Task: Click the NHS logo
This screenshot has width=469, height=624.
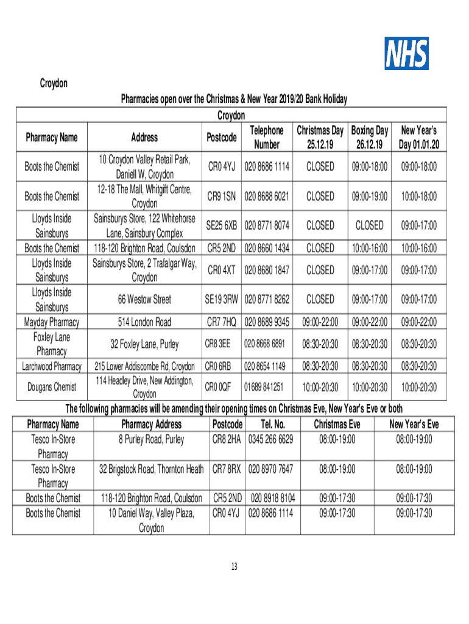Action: [x=406, y=54]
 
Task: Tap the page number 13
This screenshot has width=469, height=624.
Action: [x=234, y=567]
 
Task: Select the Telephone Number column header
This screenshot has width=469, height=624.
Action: [x=266, y=138]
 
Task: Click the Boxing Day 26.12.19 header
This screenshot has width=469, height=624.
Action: [x=370, y=138]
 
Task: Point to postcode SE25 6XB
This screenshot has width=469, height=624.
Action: [x=220, y=226]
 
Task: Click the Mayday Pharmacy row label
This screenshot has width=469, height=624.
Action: [x=51, y=322]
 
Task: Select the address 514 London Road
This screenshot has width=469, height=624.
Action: [x=144, y=322]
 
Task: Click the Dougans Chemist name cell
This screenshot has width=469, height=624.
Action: [x=52, y=387]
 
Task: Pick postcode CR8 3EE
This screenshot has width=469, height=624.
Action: [x=217, y=344]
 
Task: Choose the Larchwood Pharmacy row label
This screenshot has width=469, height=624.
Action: [x=52, y=366]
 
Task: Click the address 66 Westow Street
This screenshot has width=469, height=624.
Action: [x=144, y=299]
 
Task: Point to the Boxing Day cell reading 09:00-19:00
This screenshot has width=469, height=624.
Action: [x=370, y=196]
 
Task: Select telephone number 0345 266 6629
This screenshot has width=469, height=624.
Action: [x=270, y=439]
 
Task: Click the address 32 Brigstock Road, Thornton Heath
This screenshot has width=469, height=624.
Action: [x=151, y=469]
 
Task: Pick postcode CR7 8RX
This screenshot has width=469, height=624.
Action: [x=227, y=469]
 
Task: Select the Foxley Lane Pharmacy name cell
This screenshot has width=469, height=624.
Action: [x=51, y=344]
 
